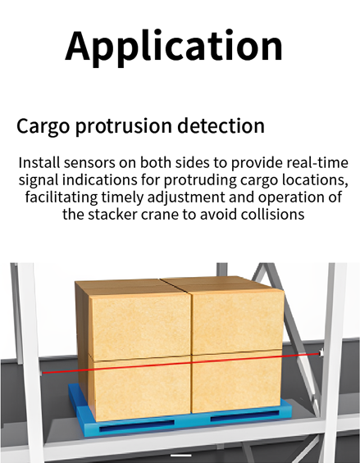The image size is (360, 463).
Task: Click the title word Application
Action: (x=174, y=47)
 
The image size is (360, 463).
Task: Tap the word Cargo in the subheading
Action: (x=43, y=126)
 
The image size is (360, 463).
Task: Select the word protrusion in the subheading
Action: (x=124, y=126)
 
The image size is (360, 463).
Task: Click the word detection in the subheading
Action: (x=221, y=125)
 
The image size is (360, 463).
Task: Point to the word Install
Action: (x=39, y=163)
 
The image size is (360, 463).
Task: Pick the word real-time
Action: (x=317, y=163)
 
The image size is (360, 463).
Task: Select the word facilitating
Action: (x=62, y=197)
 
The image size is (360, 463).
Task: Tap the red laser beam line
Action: (x=181, y=363)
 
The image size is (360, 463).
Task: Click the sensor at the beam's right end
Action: (x=321, y=353)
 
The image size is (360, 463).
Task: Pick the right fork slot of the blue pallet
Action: (x=244, y=415)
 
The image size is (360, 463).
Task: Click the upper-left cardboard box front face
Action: (x=139, y=325)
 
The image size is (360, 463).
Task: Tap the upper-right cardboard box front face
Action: (x=237, y=321)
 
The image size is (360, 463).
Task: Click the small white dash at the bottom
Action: (x=181, y=456)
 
